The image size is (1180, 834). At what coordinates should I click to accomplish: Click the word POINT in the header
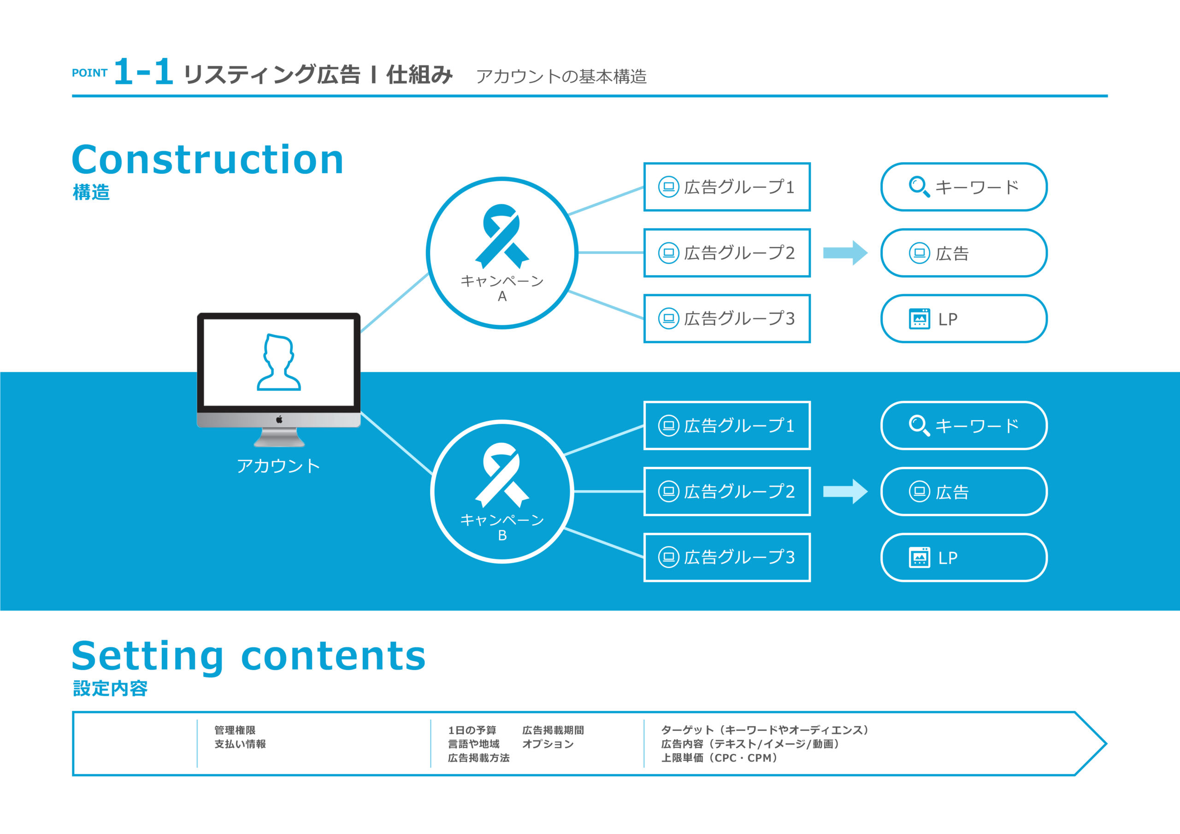pyautogui.click(x=89, y=73)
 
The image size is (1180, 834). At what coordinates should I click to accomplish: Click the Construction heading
pyautogui.click(x=207, y=160)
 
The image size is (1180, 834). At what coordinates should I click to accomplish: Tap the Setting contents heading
pyautogui.click(x=249, y=656)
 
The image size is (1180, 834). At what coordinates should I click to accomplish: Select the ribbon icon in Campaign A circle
pyautogui.click(x=501, y=235)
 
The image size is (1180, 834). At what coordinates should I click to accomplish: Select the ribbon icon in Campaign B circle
pyautogui.click(x=501, y=474)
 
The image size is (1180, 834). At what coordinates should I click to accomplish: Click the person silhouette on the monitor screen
pyautogui.click(x=278, y=362)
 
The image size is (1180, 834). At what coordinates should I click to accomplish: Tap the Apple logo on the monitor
pyautogui.click(x=279, y=419)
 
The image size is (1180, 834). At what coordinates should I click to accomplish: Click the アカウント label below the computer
pyautogui.click(x=278, y=466)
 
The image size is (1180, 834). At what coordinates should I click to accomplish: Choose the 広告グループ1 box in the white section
pyautogui.click(x=727, y=187)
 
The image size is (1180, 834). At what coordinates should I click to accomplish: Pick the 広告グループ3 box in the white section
pyautogui.click(x=727, y=318)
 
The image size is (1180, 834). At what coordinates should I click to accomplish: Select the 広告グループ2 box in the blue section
pyautogui.click(x=727, y=491)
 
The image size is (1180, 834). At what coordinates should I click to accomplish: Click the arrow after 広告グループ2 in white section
pyautogui.click(x=845, y=253)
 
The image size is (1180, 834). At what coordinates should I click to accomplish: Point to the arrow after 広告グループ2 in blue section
pyautogui.click(x=845, y=491)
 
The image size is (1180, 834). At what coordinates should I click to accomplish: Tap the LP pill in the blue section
pyautogui.click(x=964, y=558)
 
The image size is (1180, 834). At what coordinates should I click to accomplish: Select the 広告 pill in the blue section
pyautogui.click(x=964, y=492)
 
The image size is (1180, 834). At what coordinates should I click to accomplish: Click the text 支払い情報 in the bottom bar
pyautogui.click(x=240, y=744)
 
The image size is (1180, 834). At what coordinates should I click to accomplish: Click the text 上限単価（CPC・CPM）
pyautogui.click(x=719, y=758)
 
